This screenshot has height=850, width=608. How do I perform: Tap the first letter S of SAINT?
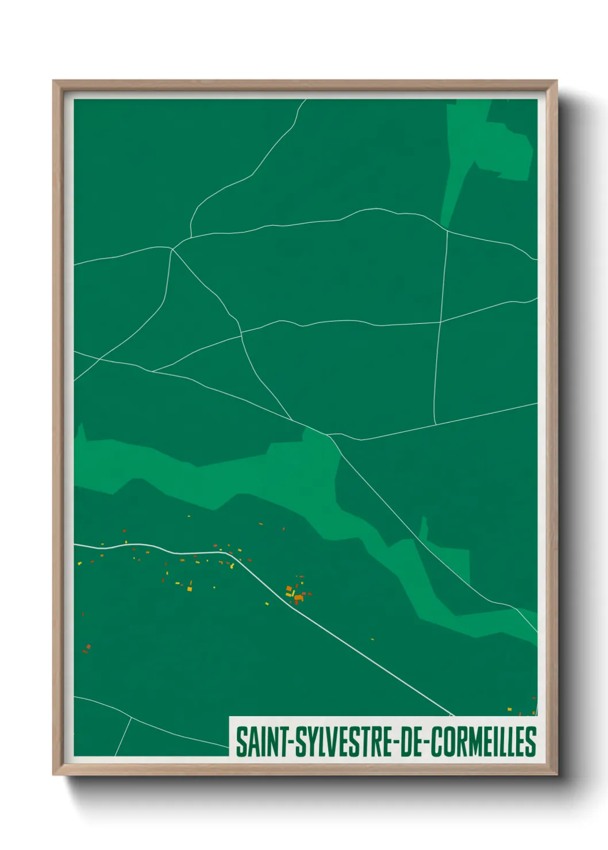click(240, 741)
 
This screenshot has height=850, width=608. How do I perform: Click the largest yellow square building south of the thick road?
click(190, 589)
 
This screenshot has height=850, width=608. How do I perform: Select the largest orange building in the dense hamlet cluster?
click(298, 598)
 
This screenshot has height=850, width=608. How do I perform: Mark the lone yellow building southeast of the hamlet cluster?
click(372, 639)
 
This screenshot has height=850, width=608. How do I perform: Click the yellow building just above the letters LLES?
click(510, 710)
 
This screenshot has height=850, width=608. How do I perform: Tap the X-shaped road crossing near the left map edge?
click(101, 359)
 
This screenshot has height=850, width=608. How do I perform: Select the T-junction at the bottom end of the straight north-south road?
click(436, 424)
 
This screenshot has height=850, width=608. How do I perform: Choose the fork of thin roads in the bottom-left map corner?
click(131, 717)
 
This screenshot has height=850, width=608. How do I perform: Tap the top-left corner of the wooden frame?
click(53, 81)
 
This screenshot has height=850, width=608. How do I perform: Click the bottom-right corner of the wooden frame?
click(556, 775)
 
